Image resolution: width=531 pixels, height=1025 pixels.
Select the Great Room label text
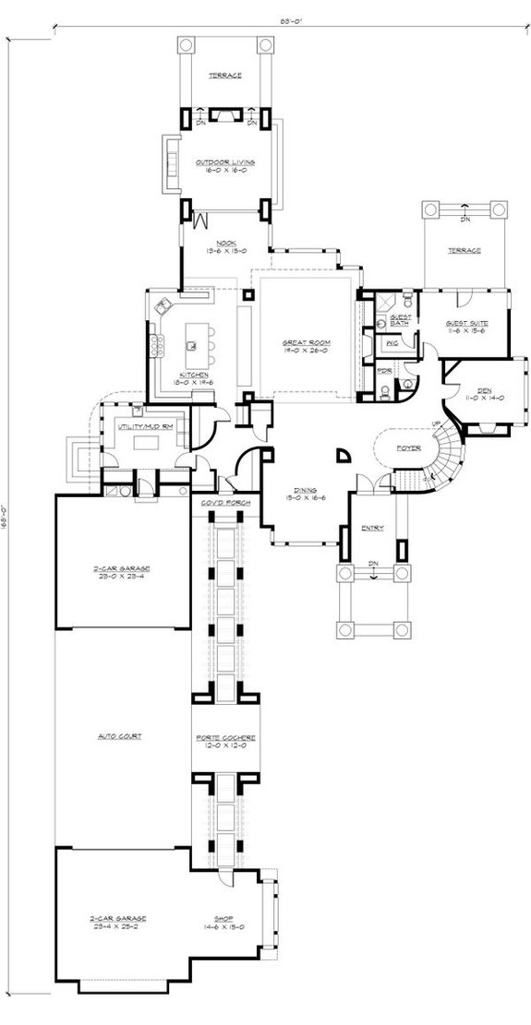pyautogui.click(x=307, y=342)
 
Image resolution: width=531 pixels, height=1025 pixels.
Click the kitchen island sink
pyautogui.click(x=191, y=346)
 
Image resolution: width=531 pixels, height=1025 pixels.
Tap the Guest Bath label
pyautogui.click(x=399, y=320)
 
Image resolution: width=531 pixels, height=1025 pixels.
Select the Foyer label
pyautogui.click(x=409, y=448)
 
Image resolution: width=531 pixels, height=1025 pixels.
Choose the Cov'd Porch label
pyautogui.click(x=222, y=504)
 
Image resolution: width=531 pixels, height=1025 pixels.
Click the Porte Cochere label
pyautogui.click(x=224, y=738)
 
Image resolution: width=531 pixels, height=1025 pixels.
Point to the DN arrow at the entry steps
pyautogui.click(x=374, y=566)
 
